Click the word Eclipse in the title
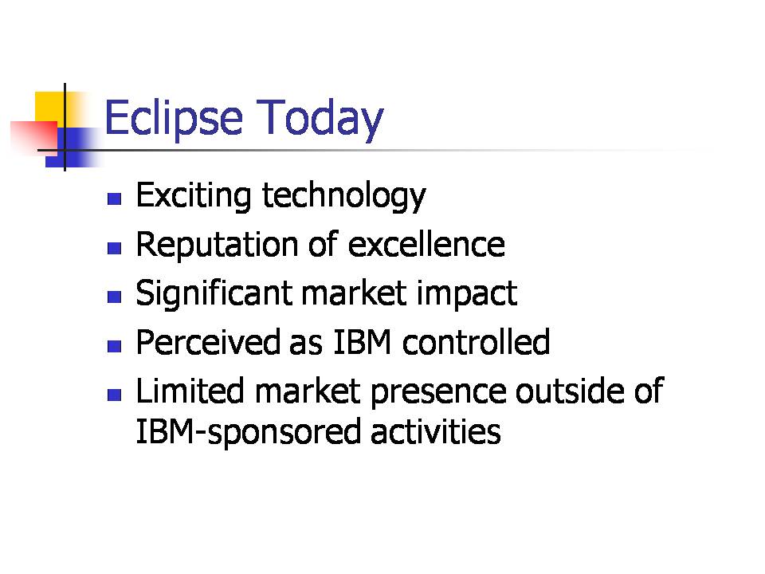click(x=174, y=119)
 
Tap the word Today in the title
click(x=320, y=119)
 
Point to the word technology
click(x=344, y=196)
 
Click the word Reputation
click(x=217, y=245)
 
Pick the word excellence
click(x=427, y=244)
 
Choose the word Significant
click(x=214, y=294)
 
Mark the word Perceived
click(x=208, y=342)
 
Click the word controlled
click(x=477, y=342)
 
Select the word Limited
click(x=190, y=391)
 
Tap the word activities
click(x=436, y=431)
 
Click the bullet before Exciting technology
click(x=114, y=199)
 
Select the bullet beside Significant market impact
click(x=114, y=297)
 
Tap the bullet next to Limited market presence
click(x=114, y=395)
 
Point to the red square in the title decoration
click(x=34, y=136)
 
